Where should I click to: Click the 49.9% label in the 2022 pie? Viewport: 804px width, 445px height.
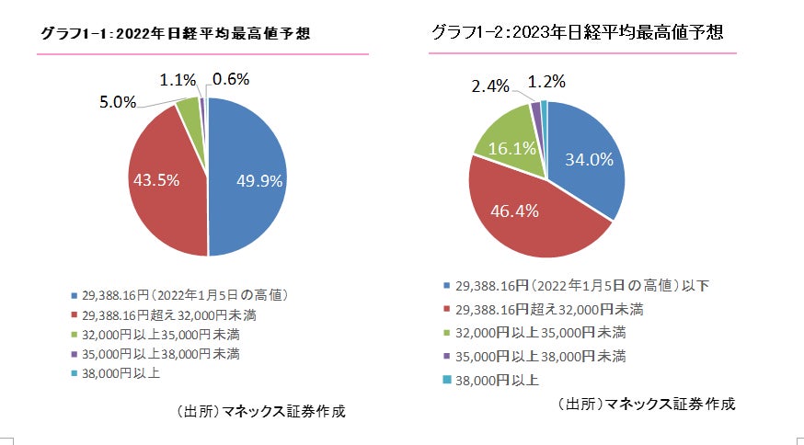click(x=258, y=180)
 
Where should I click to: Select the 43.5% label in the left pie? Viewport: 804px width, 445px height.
click(x=156, y=180)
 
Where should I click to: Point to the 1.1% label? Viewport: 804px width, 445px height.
click(x=178, y=80)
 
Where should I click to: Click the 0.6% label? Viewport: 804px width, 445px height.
click(x=231, y=80)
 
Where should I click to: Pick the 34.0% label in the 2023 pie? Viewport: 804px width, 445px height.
click(x=589, y=160)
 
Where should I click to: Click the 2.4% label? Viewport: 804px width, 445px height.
click(x=490, y=86)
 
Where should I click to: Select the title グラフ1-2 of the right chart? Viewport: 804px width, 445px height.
click(x=577, y=32)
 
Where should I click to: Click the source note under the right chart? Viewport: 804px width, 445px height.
click(x=646, y=404)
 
